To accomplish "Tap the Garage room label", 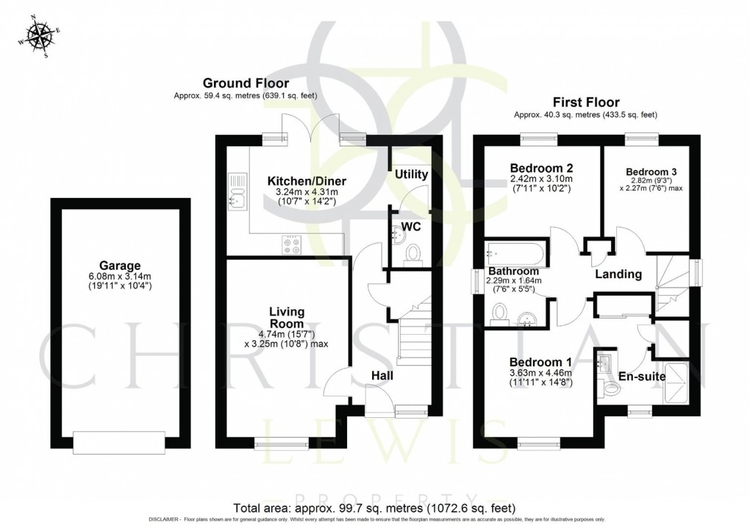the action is pos(120,265).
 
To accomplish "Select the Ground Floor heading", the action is pos(246,83).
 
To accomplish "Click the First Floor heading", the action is pos(586,102).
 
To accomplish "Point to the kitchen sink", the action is pos(238,192).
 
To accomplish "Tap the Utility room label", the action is pos(411,174).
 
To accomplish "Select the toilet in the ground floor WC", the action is pos(413,254).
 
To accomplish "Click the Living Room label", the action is pos(287,318).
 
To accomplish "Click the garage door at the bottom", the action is pos(119,442).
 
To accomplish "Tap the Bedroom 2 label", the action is pos(541,168).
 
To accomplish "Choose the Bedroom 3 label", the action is pos(651,172).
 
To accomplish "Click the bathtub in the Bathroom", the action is pos(515,253).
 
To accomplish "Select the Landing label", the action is pos(618,274).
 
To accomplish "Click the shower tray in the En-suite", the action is pos(676,383).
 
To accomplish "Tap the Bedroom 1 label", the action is pos(540,363).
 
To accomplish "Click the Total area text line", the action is pos(374,508).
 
